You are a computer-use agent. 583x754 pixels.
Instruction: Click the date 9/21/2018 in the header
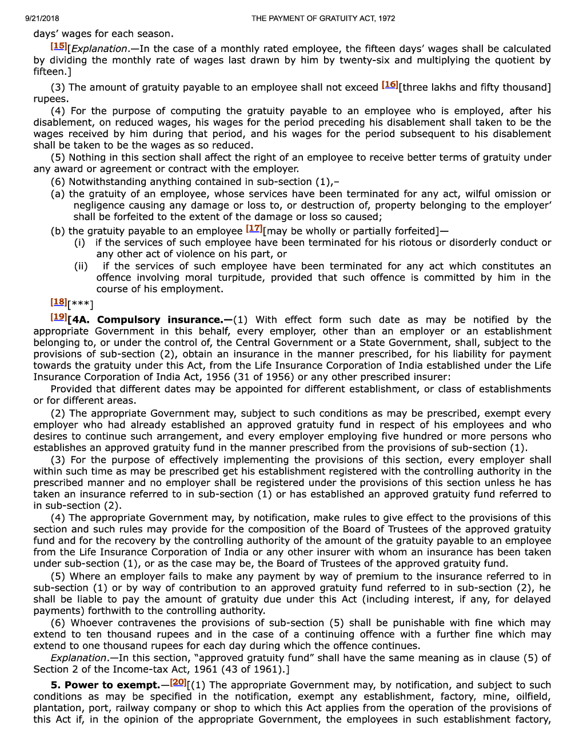(x=42, y=18)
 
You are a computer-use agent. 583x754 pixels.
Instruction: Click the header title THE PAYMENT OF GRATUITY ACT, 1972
(x=323, y=18)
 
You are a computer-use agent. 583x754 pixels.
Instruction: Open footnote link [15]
(x=58, y=46)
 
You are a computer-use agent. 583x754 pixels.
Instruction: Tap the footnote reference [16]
(x=390, y=85)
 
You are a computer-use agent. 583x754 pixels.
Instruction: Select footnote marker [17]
(x=254, y=228)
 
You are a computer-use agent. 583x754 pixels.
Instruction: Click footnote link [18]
(x=58, y=302)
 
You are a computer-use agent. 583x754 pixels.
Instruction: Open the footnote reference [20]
(x=178, y=682)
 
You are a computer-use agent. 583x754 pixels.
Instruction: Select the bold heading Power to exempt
(x=112, y=685)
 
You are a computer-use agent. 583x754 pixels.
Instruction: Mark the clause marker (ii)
(x=81, y=266)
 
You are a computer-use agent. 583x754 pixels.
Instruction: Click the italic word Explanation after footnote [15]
(x=99, y=49)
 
